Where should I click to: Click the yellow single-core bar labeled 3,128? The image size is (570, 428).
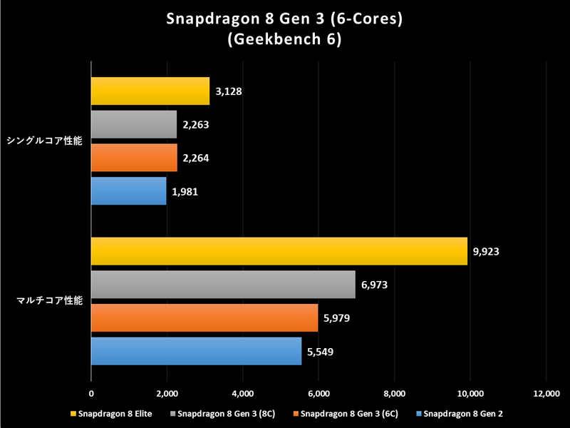point(150,91)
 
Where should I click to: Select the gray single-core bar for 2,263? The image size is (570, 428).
point(134,124)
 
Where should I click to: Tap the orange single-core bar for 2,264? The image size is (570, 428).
point(134,158)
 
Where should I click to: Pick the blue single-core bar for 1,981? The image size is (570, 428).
point(128,190)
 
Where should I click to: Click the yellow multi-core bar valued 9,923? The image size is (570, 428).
point(279,251)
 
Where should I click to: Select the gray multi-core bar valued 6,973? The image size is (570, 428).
point(223,285)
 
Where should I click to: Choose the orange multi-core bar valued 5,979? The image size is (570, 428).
point(204,318)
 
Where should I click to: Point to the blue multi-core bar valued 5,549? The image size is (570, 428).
point(196,351)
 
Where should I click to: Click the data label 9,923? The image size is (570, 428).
point(489,251)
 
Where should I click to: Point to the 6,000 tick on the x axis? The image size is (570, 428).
point(318,393)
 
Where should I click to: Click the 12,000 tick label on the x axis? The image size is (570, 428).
point(546,393)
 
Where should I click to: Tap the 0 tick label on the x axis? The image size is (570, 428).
point(91,393)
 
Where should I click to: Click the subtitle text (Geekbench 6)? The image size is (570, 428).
point(285,41)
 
